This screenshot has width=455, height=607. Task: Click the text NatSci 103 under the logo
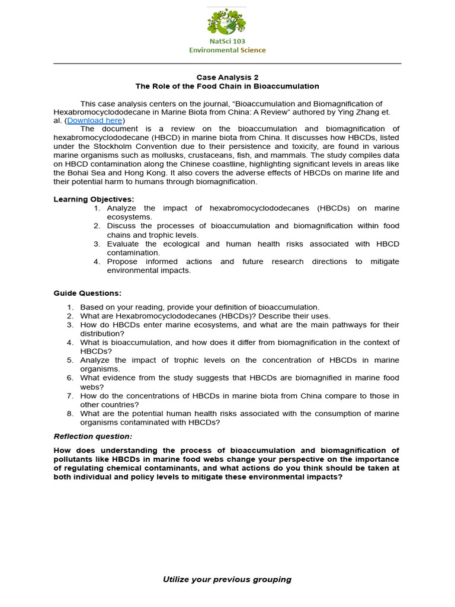point(227,41)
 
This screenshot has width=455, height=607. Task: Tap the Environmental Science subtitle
point(227,50)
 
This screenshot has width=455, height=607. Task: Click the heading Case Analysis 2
point(227,77)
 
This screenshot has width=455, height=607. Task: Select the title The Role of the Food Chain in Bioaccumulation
point(227,86)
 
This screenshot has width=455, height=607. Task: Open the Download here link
point(95,120)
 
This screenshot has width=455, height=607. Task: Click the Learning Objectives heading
point(94,199)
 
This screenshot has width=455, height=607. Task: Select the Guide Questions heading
point(87,293)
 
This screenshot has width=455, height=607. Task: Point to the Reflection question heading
point(93,436)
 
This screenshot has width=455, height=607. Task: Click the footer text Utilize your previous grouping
point(227,579)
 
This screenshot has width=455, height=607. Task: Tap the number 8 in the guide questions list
point(70,414)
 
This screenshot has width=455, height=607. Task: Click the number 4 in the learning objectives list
point(97,261)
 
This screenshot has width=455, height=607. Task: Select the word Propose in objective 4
point(122,261)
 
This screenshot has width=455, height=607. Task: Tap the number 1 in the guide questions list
point(70,307)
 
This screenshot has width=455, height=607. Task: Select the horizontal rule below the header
point(227,63)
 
